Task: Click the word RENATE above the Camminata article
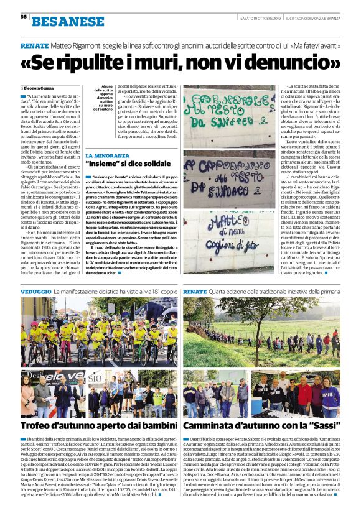pyautogui.click(x=194, y=291)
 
